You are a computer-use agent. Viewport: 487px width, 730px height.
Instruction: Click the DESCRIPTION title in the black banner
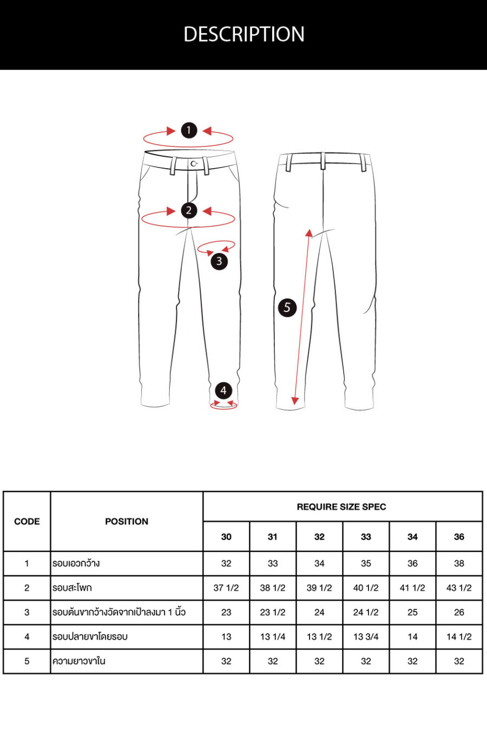click(244, 34)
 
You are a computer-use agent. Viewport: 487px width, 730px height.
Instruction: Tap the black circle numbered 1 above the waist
click(189, 130)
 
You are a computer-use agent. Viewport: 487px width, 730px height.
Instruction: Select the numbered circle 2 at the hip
click(189, 210)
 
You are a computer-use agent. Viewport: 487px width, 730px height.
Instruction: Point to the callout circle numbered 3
click(219, 261)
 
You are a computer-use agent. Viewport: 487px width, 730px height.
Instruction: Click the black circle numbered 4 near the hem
click(223, 390)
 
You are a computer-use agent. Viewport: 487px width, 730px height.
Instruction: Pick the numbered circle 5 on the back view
click(287, 307)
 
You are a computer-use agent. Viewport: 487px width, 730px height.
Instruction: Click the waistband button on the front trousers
click(194, 164)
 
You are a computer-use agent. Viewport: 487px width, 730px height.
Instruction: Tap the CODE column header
click(27, 521)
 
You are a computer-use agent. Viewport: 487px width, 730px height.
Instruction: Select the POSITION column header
click(127, 521)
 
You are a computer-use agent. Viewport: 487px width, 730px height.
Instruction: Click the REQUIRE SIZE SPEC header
click(341, 507)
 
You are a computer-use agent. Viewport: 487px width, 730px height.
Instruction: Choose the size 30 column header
click(226, 537)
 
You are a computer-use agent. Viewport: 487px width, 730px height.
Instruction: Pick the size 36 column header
click(459, 537)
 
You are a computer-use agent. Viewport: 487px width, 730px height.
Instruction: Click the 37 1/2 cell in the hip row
click(226, 588)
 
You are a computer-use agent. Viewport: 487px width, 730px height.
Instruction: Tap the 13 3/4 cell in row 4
click(366, 636)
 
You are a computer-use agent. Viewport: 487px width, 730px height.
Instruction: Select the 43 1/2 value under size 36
click(459, 588)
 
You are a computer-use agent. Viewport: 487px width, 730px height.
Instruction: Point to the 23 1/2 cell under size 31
click(273, 612)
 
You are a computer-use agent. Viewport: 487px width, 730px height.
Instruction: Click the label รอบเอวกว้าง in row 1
click(76, 563)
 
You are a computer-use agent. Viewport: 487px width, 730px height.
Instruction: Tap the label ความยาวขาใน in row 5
click(79, 661)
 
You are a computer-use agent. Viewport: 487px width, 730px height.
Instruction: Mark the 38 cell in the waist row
click(459, 563)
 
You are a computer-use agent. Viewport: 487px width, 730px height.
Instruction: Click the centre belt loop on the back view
click(323, 161)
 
